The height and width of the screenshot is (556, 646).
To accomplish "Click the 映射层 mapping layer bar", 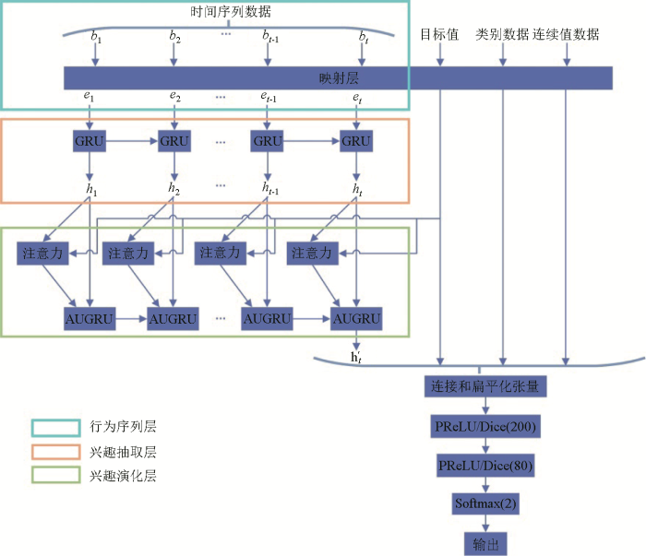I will [x=338, y=77].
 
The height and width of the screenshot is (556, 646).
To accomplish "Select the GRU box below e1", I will [x=90, y=141].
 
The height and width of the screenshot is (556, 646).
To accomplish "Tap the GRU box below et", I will [x=356, y=141].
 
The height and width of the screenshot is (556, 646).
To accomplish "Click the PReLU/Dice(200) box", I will [x=484, y=427].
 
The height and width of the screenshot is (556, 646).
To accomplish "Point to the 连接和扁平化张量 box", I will [x=484, y=384].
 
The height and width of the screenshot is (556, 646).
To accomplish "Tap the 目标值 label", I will [x=440, y=35].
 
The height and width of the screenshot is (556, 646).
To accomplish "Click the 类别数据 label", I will [x=502, y=35].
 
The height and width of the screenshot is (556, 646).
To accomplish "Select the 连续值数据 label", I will [x=566, y=35].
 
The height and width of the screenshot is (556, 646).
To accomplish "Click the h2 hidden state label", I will [x=173, y=189].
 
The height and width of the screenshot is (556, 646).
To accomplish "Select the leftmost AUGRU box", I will [x=90, y=320].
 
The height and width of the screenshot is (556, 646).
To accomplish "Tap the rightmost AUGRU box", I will [x=356, y=320].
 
